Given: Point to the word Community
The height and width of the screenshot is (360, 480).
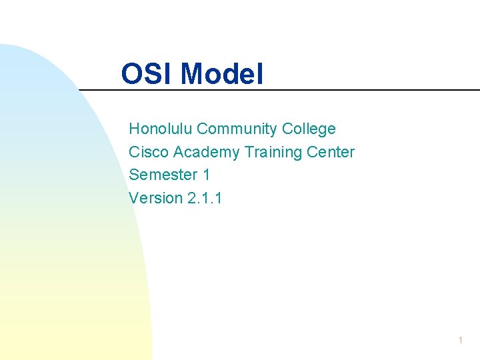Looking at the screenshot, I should point(237,129).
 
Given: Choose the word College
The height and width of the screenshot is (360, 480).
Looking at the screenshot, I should point(309,129).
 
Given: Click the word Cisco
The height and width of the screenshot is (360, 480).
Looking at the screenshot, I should point(149,152).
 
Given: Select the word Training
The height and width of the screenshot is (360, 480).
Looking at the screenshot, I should point(275,153).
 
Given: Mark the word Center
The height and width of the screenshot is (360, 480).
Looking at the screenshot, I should point(331,152).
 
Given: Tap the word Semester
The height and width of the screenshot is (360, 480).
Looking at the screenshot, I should point(163,175).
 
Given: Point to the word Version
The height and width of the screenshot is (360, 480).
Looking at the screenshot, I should point(155,198).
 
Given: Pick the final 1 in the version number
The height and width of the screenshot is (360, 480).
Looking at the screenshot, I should point(219,198).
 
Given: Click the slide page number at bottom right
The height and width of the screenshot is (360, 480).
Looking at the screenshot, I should point(460,341).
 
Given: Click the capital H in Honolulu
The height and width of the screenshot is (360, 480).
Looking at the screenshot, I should point(134,129).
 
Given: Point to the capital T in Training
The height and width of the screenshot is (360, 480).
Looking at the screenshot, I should point(249,152).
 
